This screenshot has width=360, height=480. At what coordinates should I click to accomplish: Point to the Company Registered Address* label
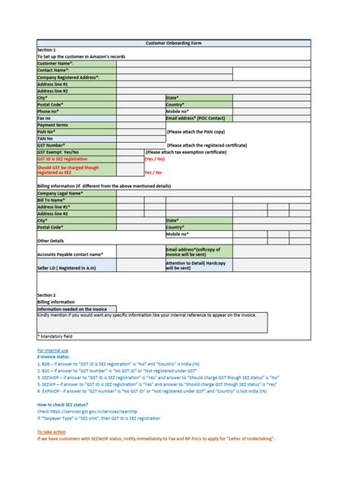tap(68, 77)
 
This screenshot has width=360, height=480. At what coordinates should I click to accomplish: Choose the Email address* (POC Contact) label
tap(197, 118)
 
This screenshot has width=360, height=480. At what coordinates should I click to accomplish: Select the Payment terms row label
tap(52, 125)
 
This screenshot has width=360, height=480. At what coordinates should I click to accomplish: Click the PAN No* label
tap(49, 131)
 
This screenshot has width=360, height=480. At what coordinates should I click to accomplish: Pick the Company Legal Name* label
tap(60, 194)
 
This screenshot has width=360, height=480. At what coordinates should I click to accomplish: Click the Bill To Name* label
tap(54, 200)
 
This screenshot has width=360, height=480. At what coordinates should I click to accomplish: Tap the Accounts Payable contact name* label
tap(70, 254)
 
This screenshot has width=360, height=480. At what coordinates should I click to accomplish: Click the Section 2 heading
tap(46, 294)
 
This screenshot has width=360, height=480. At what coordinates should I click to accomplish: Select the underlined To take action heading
tap(52, 431)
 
